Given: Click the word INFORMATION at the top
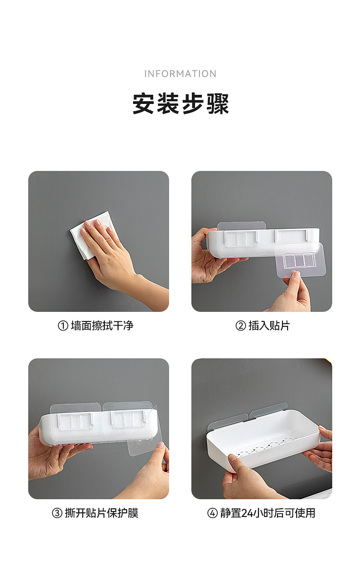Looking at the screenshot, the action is coord(180,74).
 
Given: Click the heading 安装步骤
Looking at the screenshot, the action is coord(180,104).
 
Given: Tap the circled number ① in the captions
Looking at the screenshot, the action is coord(63,326).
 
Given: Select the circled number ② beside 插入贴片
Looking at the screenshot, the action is coord(241,326).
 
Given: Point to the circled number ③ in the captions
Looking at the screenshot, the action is coord(57,513).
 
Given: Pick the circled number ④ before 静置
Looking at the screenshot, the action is coord(212,513).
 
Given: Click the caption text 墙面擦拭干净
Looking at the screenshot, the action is coord(102,326).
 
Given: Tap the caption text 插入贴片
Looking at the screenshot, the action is coord(269,326).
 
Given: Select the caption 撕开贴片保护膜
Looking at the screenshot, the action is coord(102,513).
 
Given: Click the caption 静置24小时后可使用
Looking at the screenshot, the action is coord(267,513).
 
